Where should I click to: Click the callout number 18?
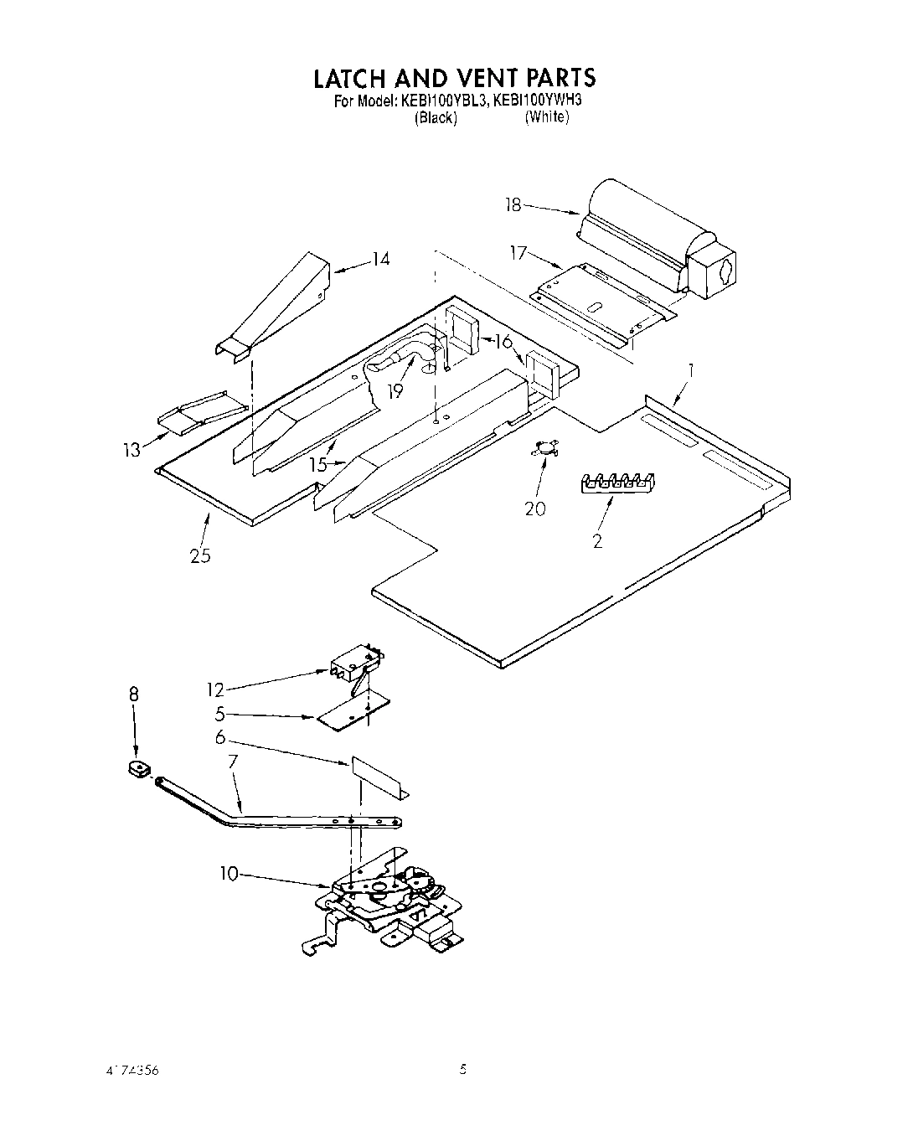click(x=513, y=204)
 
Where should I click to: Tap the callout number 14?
click(x=381, y=259)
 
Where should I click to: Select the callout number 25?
click(x=200, y=555)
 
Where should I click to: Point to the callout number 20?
click(x=534, y=508)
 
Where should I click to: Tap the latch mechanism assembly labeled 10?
click(x=385, y=901)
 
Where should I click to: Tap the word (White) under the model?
click(x=547, y=117)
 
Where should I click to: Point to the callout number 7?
click(x=233, y=762)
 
